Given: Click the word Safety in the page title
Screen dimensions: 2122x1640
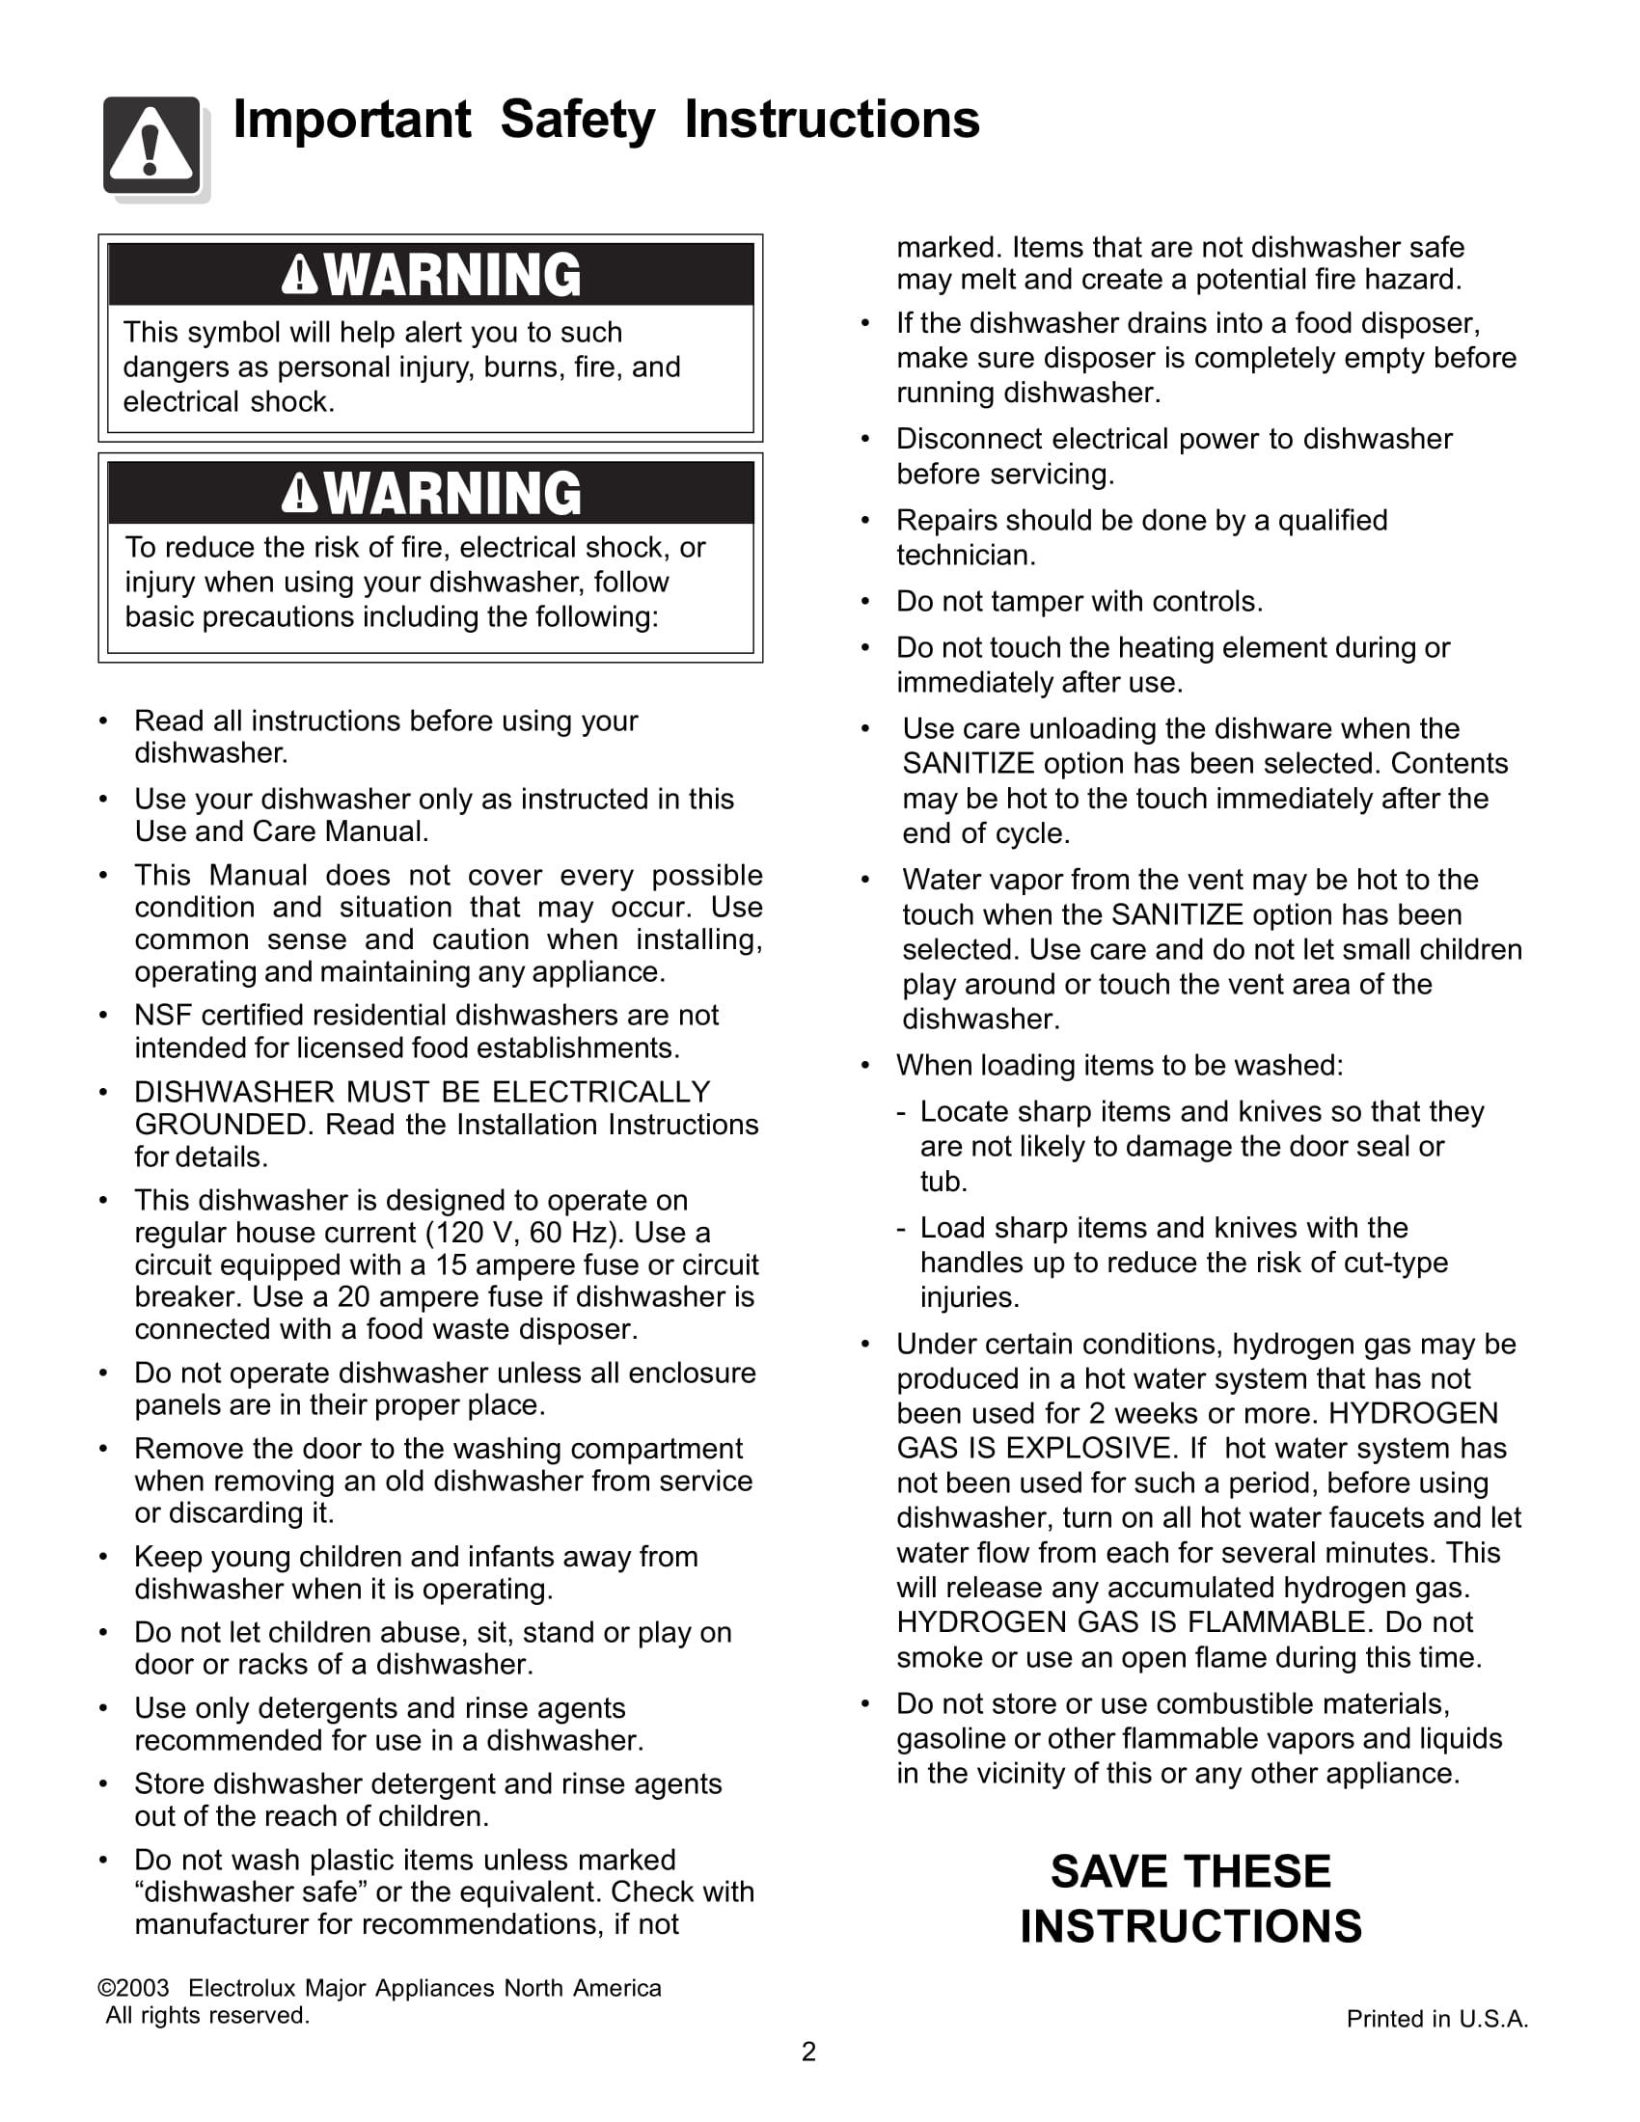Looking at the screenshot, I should (577, 121).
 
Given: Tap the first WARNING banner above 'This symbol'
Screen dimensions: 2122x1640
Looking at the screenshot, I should (430, 275).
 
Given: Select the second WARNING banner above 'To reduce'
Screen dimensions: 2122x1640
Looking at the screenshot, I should (430, 494).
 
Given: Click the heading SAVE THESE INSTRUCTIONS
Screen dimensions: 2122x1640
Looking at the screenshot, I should (1190, 1898).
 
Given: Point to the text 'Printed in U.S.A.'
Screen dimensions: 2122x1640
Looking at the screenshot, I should (1437, 2019).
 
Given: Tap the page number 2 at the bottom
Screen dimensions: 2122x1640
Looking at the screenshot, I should (808, 2052).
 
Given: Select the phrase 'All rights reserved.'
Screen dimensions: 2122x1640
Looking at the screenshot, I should (208, 2015).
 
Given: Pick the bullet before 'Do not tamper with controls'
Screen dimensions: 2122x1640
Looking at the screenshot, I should (864, 603).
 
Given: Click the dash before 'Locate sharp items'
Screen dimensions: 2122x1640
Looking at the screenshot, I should (902, 1112).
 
